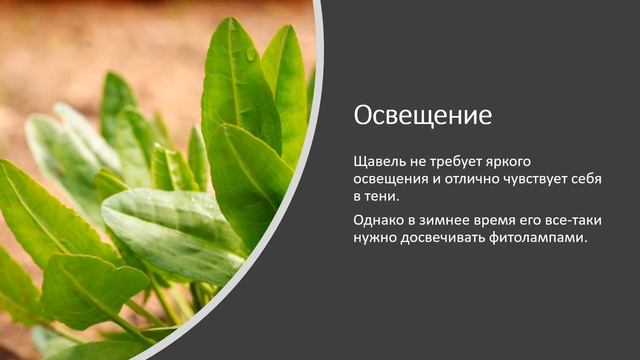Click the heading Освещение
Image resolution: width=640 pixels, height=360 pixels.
[x=423, y=115]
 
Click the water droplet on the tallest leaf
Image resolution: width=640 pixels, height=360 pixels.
[x=250, y=56]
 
